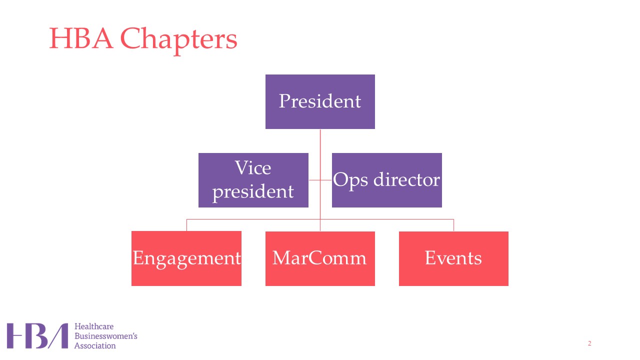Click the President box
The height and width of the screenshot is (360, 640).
coord(320,101)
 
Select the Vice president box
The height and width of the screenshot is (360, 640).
coord(253,180)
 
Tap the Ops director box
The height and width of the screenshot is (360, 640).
coord(386,180)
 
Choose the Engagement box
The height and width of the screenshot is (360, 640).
coord(186,258)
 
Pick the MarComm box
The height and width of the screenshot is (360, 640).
coord(320,258)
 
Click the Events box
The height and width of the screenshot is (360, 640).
coord(453,258)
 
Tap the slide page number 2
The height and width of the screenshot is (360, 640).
coord(589,343)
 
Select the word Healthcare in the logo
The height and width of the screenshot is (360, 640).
coord(94,327)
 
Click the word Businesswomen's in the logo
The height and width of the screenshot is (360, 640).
coord(105,336)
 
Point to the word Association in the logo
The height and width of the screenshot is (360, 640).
coord(95,345)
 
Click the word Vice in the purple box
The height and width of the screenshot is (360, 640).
coord(253,168)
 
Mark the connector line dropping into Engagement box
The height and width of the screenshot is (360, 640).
coord(186,225)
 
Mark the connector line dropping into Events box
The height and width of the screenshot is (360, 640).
coord(453,225)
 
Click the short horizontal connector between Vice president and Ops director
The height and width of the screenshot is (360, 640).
coord(320,180)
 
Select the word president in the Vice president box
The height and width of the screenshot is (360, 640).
coord(253,191)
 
